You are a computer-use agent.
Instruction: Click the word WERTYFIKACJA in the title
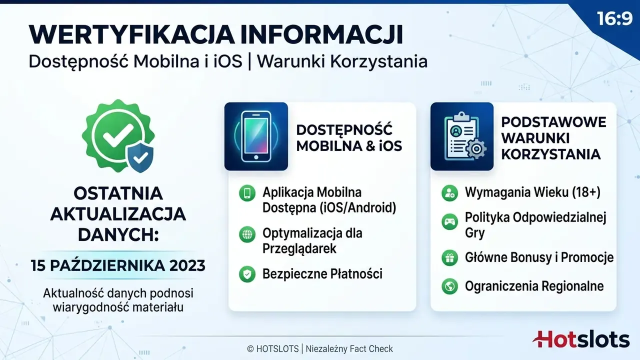131,35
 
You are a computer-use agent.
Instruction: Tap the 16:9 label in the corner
614,19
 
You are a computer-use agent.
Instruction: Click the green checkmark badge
117,135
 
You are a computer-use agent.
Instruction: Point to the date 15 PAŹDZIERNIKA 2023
118,265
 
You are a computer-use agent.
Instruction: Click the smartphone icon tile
256,136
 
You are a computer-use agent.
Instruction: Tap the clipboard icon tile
462,136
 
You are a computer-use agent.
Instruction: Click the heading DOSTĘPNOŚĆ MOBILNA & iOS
349,137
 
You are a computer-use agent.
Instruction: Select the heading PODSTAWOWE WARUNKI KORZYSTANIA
553,138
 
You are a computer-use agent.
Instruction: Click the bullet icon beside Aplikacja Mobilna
247,193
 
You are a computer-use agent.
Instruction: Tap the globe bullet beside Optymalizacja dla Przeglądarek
247,234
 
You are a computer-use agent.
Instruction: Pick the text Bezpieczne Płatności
322,273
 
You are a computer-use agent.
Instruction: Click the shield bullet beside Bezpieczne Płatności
247,274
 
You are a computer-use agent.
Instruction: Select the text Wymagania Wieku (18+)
532,192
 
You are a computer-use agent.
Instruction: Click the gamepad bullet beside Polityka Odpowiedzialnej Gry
449,221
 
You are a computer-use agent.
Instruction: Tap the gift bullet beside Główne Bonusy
449,257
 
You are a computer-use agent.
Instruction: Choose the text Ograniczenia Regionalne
534,286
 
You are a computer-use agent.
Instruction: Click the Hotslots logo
581,339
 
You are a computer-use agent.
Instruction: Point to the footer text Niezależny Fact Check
349,349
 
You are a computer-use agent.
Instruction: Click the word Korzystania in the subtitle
379,61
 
